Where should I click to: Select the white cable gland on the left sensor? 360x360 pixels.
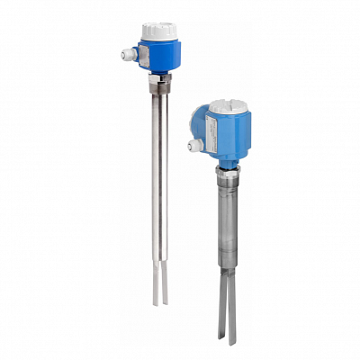(x=126, y=54)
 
